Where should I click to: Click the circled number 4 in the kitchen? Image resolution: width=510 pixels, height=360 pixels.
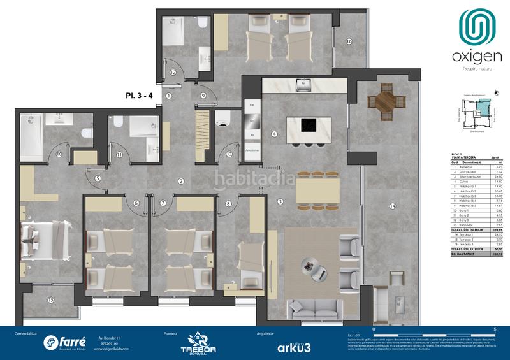point(274,134)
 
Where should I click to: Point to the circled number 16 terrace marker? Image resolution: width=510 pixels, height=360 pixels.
point(349,41)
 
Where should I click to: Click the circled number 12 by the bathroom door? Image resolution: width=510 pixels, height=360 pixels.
point(173,73)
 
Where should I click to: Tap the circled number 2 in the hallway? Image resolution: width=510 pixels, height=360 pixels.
point(181,181)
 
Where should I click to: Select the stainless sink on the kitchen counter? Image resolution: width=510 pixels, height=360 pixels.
point(305,84)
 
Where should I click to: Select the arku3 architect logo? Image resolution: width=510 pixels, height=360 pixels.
point(294,347)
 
